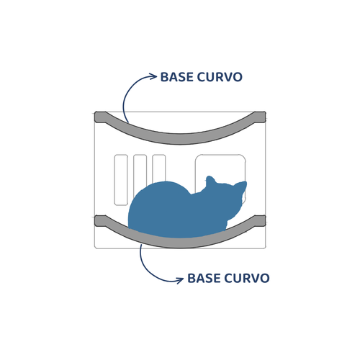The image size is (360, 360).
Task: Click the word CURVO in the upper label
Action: (x=220, y=77)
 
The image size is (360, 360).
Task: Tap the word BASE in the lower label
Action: (x=204, y=278)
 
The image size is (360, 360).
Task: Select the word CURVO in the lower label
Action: (x=247, y=278)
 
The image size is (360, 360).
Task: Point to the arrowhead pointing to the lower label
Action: (x=180, y=280)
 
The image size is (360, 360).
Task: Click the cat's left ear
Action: (x=210, y=181)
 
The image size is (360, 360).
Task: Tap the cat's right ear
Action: (x=241, y=186)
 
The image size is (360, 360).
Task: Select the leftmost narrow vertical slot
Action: (x=121, y=180)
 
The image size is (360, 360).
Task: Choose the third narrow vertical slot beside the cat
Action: (x=159, y=168)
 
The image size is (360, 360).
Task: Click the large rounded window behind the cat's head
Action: (x=220, y=166)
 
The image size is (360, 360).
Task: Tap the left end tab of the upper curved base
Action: (x=100, y=117)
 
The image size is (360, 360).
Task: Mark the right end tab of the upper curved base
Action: (x=260, y=117)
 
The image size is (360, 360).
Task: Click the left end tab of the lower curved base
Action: (x=100, y=221)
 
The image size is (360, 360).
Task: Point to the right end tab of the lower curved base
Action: (x=260, y=221)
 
